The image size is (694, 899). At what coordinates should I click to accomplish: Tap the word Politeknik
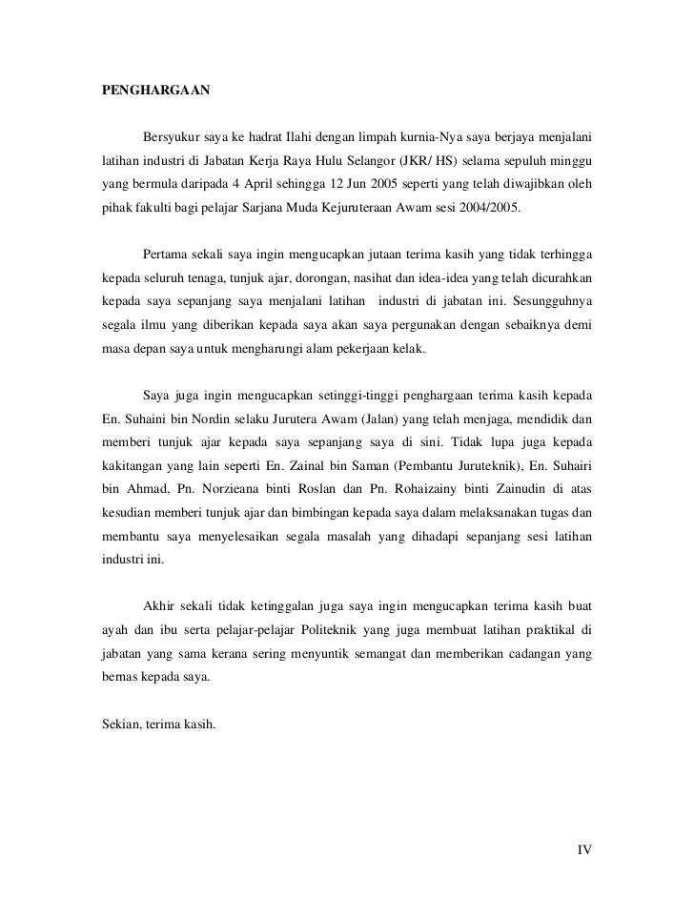click(x=329, y=631)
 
